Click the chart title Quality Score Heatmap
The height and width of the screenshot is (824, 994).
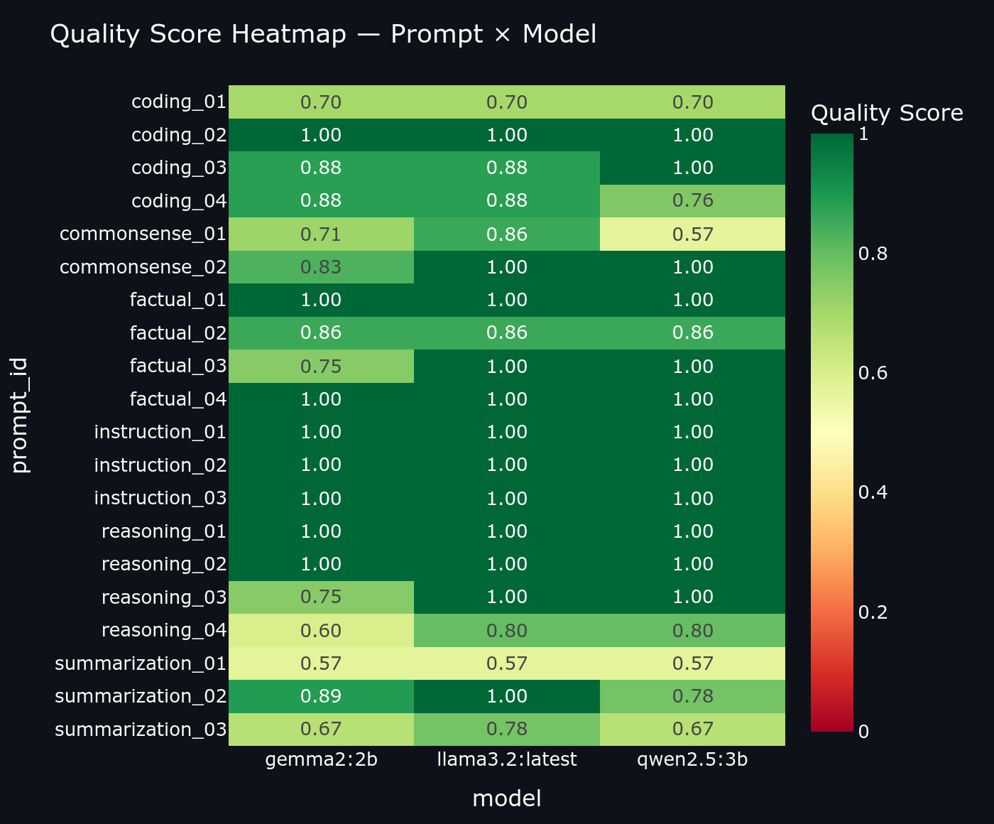pyautogui.click(x=323, y=34)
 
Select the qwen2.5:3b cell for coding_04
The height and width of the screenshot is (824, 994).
pyautogui.click(x=692, y=201)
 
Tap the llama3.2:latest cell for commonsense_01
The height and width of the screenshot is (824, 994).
pyautogui.click(x=507, y=234)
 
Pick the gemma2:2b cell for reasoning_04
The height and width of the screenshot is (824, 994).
pyautogui.click(x=321, y=631)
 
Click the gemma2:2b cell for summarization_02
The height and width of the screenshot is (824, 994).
pyautogui.click(x=321, y=696)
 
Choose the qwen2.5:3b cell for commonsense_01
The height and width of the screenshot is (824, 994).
pyautogui.click(x=692, y=234)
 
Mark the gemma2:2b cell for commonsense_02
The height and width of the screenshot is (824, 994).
pyautogui.click(x=321, y=267)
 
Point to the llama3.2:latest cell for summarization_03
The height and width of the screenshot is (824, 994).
pyautogui.click(x=507, y=730)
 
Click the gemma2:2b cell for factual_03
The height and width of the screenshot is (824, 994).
pyautogui.click(x=321, y=367)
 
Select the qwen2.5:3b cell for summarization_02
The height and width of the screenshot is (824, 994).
pyautogui.click(x=692, y=696)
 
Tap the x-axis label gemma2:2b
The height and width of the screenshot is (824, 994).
pyautogui.click(x=321, y=760)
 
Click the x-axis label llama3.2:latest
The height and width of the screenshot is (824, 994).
pyautogui.click(x=507, y=760)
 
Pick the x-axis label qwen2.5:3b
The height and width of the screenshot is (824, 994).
pyautogui.click(x=692, y=760)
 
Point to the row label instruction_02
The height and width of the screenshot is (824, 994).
pyautogui.click(x=160, y=465)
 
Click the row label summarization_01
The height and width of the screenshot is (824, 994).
pyautogui.click(x=141, y=663)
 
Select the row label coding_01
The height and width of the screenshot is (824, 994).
pyautogui.click(x=179, y=102)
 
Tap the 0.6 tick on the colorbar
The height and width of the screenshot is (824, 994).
pyautogui.click(x=873, y=374)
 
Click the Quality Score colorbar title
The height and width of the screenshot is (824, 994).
pyautogui.click(x=887, y=113)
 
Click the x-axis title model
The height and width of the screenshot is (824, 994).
pyautogui.click(x=507, y=799)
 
